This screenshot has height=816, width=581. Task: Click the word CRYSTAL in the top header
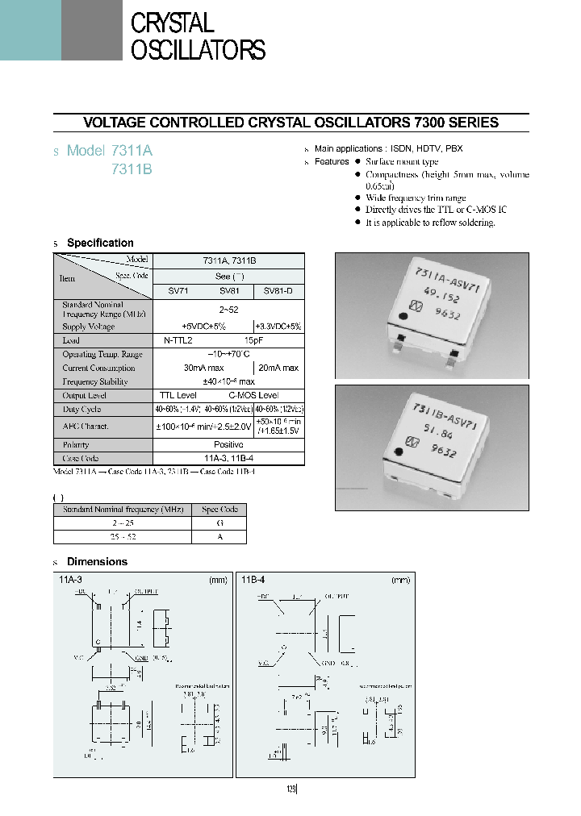pyautogui.click(x=172, y=23)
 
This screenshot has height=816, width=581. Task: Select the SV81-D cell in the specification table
pyautogui.click(x=279, y=291)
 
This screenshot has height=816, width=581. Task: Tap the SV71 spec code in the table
pyautogui.click(x=178, y=291)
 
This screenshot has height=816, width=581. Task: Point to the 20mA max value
pyautogui.click(x=279, y=368)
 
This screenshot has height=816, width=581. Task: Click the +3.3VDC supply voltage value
pyautogui.click(x=279, y=327)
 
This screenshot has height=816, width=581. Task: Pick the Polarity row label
pyautogui.click(x=76, y=444)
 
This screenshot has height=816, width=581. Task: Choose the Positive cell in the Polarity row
pyautogui.click(x=228, y=444)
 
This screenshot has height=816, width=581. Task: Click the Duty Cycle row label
pyautogui.click(x=83, y=410)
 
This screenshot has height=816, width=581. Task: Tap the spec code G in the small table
pyautogui.click(x=220, y=522)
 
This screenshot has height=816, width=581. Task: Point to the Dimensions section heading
pyautogui.click(x=97, y=562)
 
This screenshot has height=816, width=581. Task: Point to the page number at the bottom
pyautogui.click(x=290, y=790)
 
